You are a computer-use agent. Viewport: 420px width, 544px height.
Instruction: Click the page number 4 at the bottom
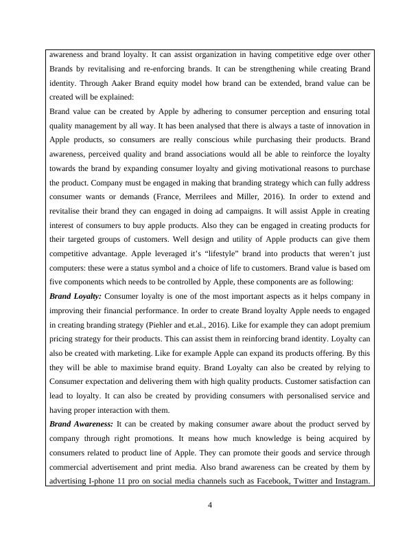tap(210, 506)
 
